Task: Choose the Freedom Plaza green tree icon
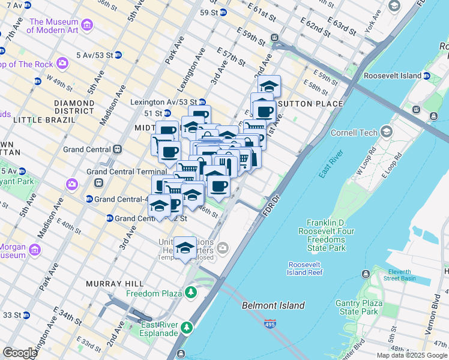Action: pos(191,293)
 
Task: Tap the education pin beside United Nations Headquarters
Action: pos(185,248)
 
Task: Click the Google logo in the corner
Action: pos(20,353)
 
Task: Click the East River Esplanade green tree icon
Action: pos(187,328)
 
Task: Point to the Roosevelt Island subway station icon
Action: pos(426,76)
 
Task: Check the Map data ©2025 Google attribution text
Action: pos(411,355)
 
